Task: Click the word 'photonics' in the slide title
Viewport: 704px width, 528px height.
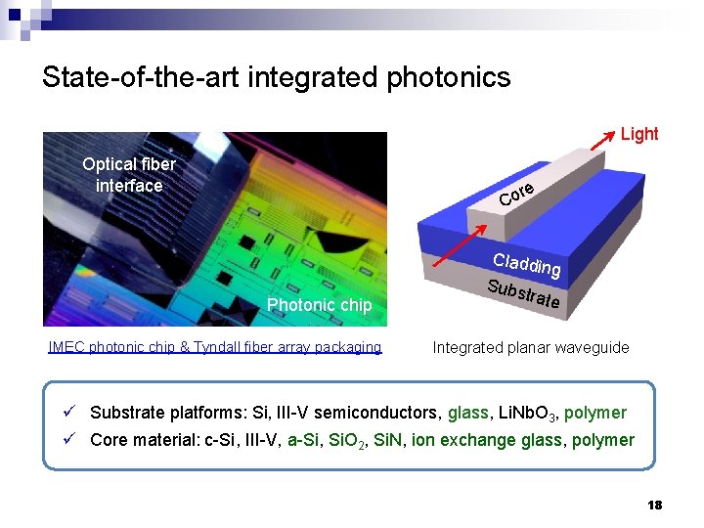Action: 449,77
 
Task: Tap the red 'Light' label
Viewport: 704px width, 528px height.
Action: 639,134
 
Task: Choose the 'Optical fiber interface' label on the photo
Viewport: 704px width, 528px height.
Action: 129,175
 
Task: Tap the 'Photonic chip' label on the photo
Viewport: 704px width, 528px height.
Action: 319,305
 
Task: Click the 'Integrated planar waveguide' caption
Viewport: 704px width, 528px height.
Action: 531,347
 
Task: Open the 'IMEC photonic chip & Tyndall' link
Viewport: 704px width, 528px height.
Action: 214,347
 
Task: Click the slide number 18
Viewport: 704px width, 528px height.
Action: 654,505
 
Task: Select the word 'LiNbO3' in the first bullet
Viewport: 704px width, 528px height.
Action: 524,414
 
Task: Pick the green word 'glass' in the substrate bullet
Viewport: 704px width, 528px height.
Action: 467,413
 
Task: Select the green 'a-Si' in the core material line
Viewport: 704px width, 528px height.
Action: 303,440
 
